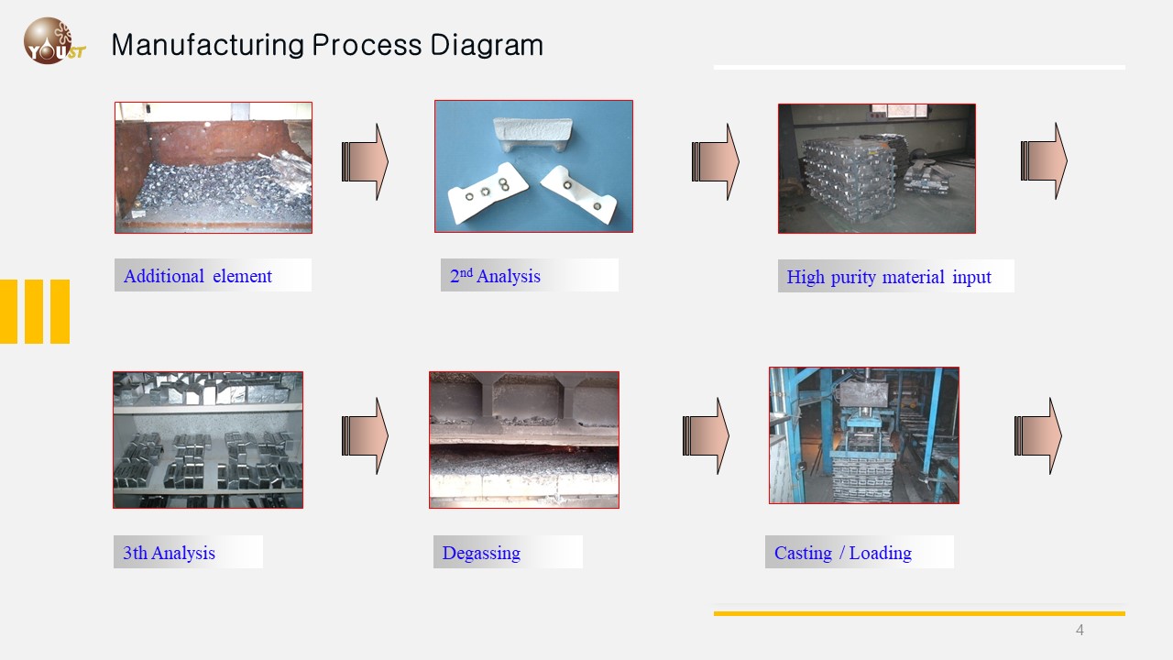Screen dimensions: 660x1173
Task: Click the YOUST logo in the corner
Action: click(53, 42)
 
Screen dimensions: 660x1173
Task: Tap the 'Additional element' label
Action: click(198, 276)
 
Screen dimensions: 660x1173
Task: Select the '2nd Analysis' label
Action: click(496, 276)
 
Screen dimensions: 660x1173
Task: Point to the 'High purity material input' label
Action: click(888, 277)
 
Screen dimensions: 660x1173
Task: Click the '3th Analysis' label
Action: click(170, 553)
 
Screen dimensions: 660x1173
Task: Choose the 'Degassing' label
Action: click(481, 553)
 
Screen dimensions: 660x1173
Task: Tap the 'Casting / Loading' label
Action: click(843, 553)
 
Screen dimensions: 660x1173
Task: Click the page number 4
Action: click(1080, 630)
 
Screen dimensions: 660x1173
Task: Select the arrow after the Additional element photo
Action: click(365, 161)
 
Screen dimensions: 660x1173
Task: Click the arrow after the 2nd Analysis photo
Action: click(715, 161)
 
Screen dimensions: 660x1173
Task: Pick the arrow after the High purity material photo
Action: click(1044, 160)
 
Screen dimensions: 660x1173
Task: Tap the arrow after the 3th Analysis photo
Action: click(365, 435)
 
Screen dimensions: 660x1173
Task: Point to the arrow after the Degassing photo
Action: click(706, 435)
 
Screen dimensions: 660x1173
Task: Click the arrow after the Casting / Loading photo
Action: click(1037, 435)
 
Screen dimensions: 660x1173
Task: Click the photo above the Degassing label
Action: click(524, 439)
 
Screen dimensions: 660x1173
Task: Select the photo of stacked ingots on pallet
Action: click(876, 168)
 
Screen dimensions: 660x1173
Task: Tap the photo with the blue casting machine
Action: click(863, 435)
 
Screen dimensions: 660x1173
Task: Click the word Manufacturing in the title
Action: click(207, 45)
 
